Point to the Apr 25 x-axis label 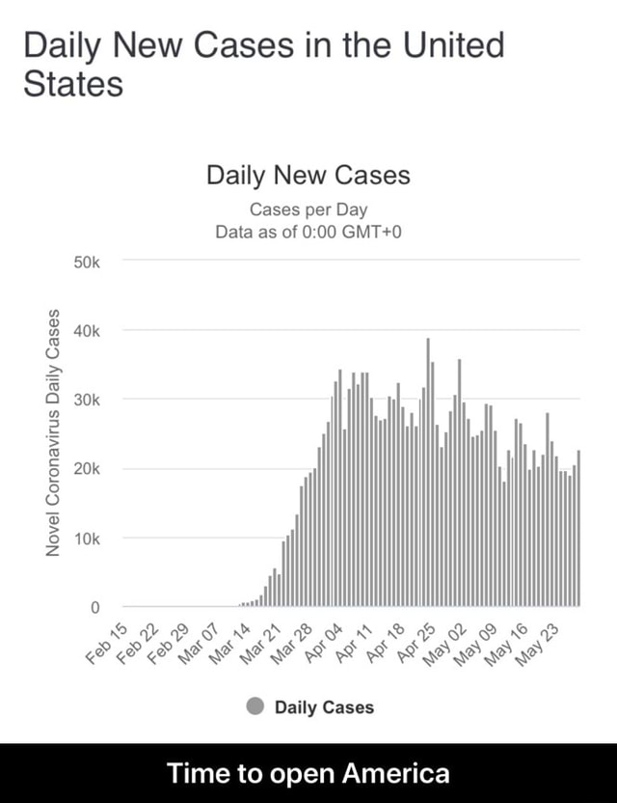420,644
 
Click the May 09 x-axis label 482,644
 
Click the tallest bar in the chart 428,473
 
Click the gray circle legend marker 255,706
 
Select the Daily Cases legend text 324,707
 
